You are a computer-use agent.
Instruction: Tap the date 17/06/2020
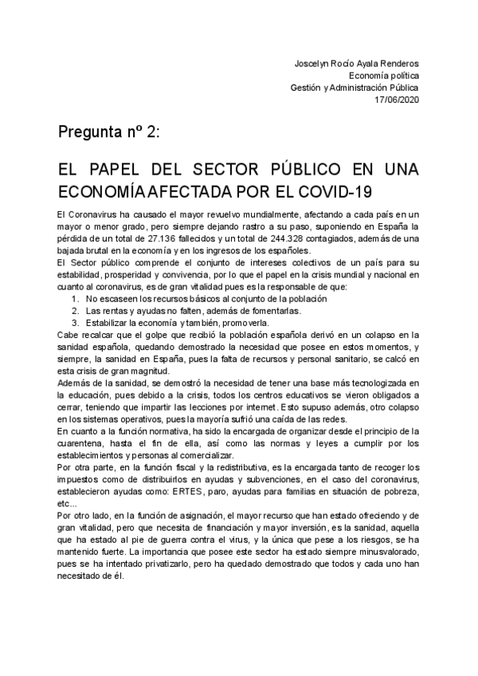(398, 99)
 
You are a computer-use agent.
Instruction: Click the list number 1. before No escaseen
(75, 298)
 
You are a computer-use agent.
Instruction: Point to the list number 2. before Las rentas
(75, 310)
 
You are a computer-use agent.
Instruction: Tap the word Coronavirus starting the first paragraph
(94, 216)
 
